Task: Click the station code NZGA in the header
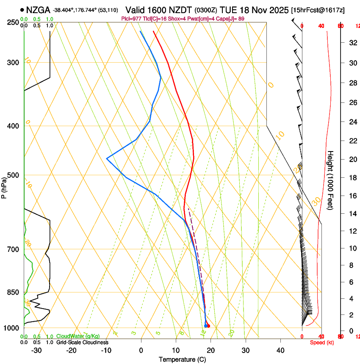(x=38, y=10)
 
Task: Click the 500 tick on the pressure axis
(x=12, y=175)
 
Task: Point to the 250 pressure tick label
(x=12, y=22)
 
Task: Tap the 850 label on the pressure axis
(x=12, y=292)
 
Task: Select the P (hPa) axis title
(x=4, y=186)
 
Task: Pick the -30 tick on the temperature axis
(x=36, y=350)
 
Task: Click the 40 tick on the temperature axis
(x=280, y=350)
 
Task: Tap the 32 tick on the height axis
(x=352, y=42)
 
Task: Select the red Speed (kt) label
(x=320, y=342)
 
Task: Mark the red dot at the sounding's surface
(x=208, y=325)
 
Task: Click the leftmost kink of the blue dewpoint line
(x=107, y=158)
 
